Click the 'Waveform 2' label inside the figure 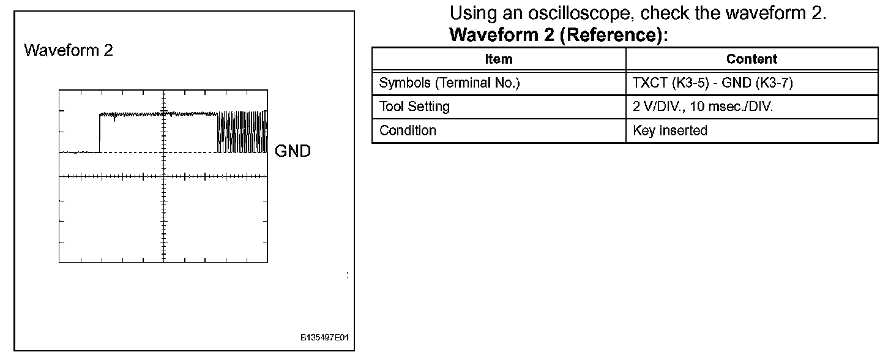click(69, 50)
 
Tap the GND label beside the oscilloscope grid click(293, 151)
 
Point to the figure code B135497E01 click(326, 338)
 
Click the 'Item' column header click(498, 59)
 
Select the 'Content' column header click(751, 59)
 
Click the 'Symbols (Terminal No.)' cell click(449, 83)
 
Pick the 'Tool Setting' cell click(414, 107)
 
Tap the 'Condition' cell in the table click(408, 130)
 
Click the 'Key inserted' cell click(670, 130)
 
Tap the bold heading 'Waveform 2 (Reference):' click(557, 35)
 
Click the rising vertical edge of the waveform click(100, 132)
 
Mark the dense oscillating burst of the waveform click(242, 132)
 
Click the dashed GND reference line click(184, 152)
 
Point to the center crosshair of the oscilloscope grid click(163, 176)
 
